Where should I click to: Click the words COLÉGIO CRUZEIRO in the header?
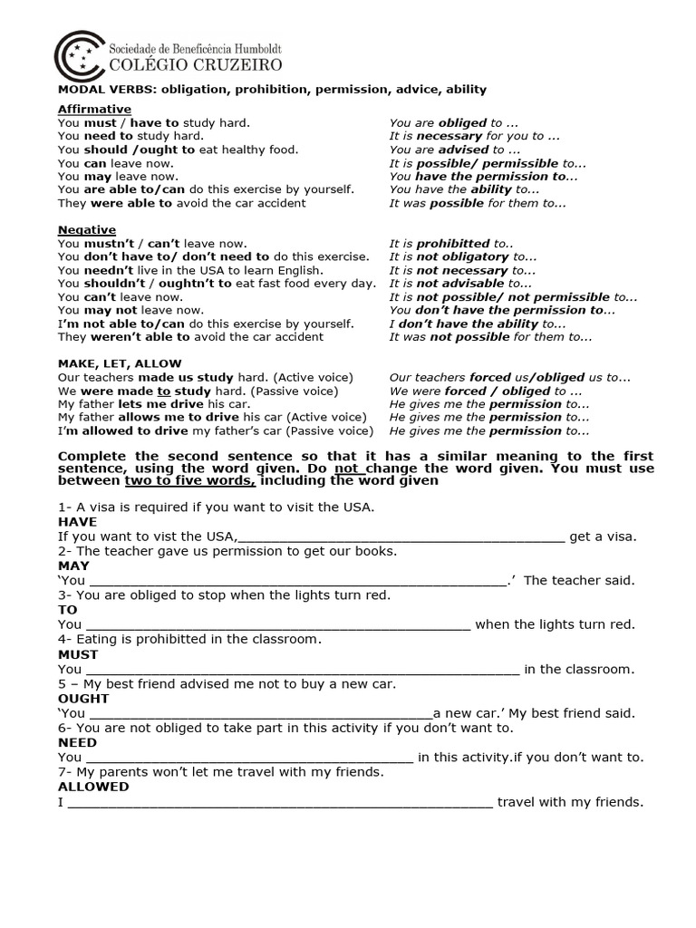point(195,64)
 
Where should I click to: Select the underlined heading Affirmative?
point(94,109)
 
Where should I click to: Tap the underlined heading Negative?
point(86,230)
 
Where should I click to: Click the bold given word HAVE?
point(77,522)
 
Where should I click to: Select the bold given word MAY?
point(73,565)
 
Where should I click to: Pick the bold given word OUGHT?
point(83,699)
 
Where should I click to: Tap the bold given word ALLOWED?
point(93,787)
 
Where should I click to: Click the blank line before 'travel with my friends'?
point(280,803)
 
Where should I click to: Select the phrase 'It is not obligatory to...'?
point(462,257)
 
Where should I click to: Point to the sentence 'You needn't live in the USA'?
point(189,270)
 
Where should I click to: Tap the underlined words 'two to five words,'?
point(184,481)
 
